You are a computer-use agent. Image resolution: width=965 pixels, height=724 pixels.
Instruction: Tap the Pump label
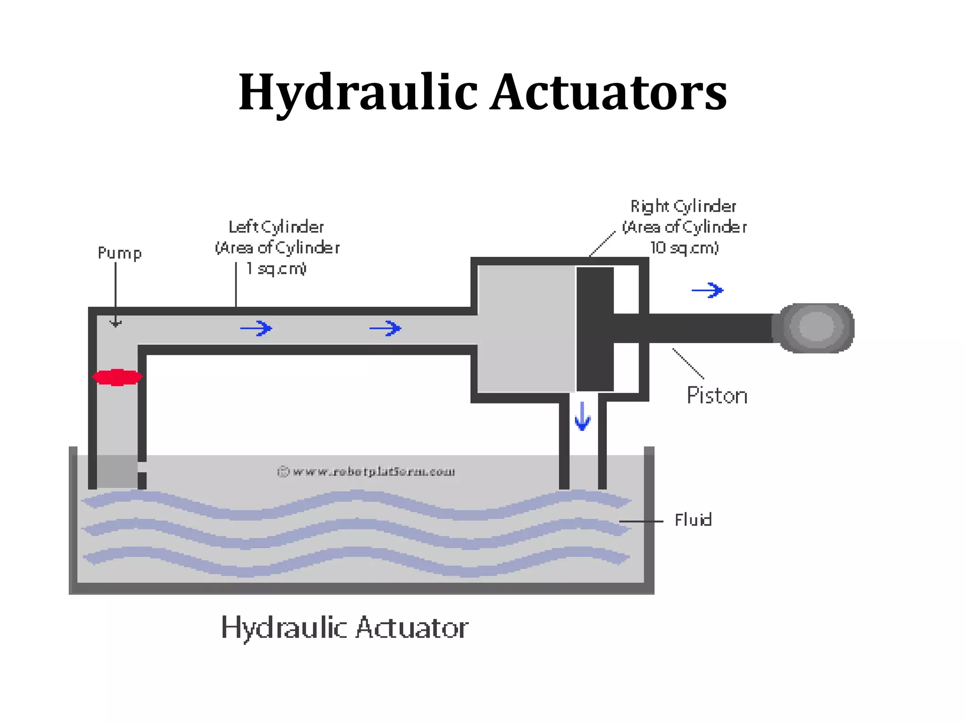[119, 253]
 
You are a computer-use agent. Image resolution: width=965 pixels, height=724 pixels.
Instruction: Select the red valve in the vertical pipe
[117, 377]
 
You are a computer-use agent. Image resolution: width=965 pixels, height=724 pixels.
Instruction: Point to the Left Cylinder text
[276, 227]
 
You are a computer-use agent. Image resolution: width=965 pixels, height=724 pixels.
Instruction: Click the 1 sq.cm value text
[277, 269]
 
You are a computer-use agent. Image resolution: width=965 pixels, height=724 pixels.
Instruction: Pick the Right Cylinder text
[683, 206]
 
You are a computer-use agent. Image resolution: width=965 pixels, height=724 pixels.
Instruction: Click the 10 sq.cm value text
[685, 248]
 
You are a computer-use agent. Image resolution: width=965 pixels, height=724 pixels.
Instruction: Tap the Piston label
[717, 395]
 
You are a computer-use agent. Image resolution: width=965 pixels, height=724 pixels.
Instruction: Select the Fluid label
[693, 520]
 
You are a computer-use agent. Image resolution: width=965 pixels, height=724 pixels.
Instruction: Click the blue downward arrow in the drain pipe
[582, 416]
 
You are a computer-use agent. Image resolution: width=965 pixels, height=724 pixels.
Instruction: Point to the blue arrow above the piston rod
[707, 290]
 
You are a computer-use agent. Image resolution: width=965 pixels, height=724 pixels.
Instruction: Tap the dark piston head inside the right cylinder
[595, 329]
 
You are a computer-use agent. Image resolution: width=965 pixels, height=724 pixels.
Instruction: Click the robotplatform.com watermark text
[367, 472]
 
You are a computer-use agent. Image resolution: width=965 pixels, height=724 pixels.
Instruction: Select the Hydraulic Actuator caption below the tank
[345, 628]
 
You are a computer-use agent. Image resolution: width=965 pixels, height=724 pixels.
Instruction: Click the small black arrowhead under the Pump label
[115, 323]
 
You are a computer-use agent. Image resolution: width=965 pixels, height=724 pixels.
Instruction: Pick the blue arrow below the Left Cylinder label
[256, 328]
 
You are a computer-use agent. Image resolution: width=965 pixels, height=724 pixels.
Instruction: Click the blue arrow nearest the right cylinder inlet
[385, 328]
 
